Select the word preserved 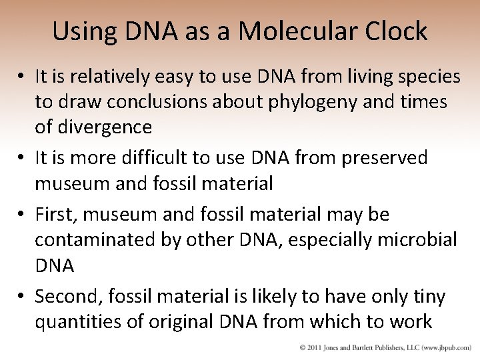pyautogui.click(x=387, y=158)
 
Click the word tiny pyautogui.click(x=431, y=296)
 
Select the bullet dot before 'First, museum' pyautogui.click(x=23, y=215)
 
